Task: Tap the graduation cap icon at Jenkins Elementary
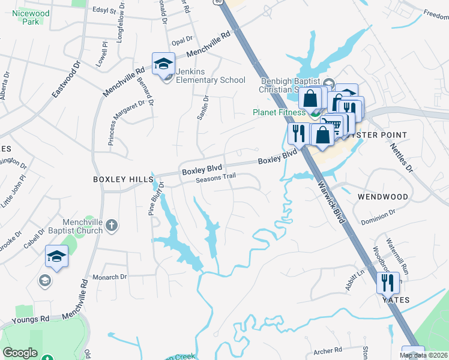coord(163,64)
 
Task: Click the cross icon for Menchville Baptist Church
coord(111,226)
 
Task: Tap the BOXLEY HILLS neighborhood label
coord(117,179)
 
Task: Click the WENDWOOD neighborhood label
coord(383,196)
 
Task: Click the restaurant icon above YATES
coord(388,281)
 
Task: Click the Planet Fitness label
coord(279,112)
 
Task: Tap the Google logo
coord(20,353)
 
